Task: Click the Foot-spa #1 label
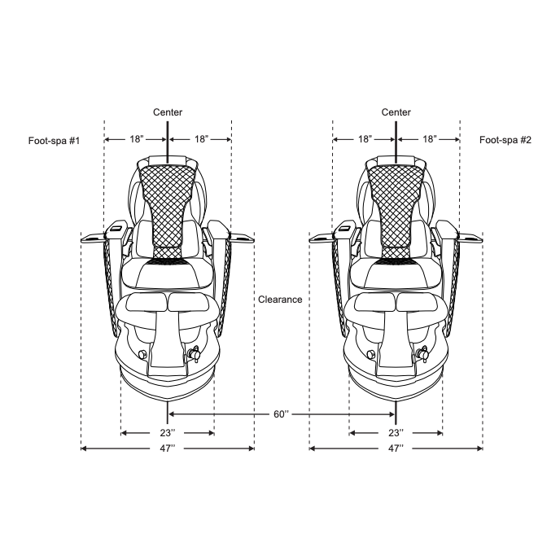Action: pyautogui.click(x=54, y=141)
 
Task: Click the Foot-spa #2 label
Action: pyautogui.click(x=505, y=140)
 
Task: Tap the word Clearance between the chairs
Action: pyautogui.click(x=280, y=300)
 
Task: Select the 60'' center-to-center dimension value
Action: pyautogui.click(x=281, y=414)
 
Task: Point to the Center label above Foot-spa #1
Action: pyautogui.click(x=168, y=112)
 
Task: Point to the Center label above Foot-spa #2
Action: pyautogui.click(x=396, y=112)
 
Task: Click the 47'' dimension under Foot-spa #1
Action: pyautogui.click(x=168, y=448)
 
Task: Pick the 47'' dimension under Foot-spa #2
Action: pyautogui.click(x=396, y=448)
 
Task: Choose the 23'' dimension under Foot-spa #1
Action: pyautogui.click(x=168, y=433)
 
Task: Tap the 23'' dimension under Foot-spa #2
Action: pyautogui.click(x=396, y=433)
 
